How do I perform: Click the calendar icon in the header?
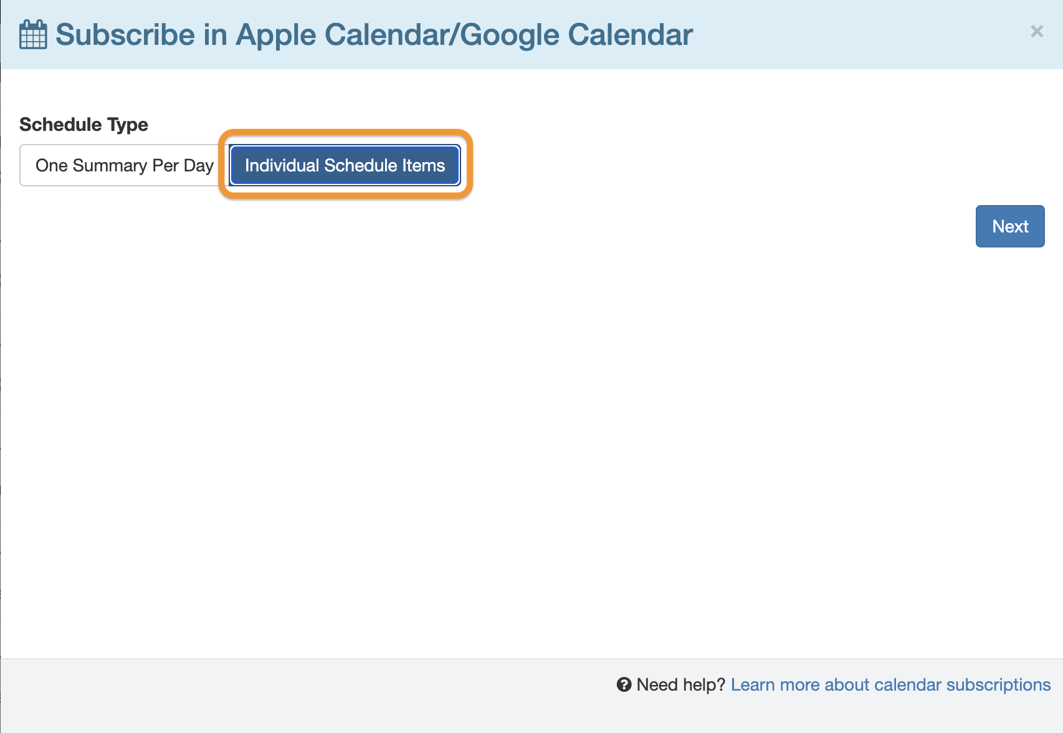coord(33,34)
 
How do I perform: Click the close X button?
coord(1037,31)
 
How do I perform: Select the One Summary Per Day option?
coord(124,165)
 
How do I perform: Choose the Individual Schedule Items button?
coord(345,165)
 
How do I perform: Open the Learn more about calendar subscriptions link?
coord(890,684)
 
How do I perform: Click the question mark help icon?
coord(624,684)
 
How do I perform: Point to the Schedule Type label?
coord(83,125)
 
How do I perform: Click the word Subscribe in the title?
coord(125,35)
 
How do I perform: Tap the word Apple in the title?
coord(275,35)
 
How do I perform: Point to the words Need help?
coord(680,684)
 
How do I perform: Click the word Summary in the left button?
coord(110,165)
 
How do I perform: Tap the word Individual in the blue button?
coord(282,165)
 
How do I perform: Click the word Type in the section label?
coord(128,125)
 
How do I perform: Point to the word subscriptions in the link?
coord(998,684)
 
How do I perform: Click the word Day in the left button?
coord(198,165)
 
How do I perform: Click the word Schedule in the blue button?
coord(360,165)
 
